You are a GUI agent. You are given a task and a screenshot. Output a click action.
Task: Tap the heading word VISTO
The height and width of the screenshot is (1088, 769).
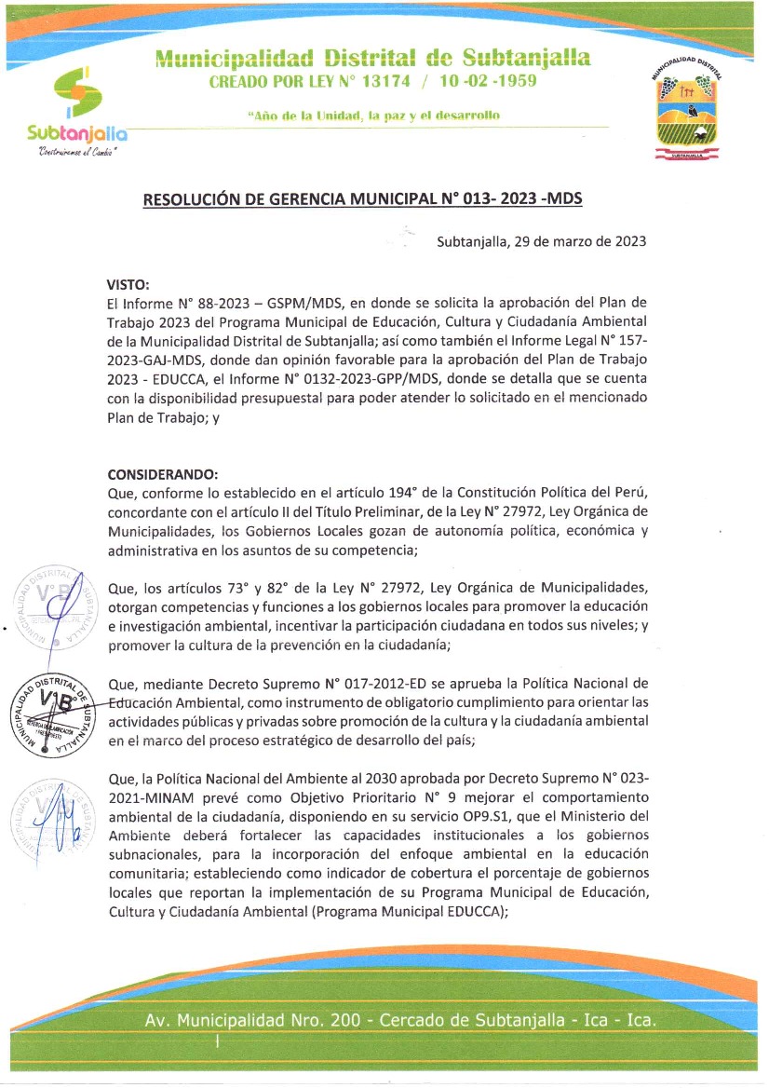tap(128, 285)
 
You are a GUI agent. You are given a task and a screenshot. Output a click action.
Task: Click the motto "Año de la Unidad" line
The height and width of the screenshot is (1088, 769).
tap(373, 115)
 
